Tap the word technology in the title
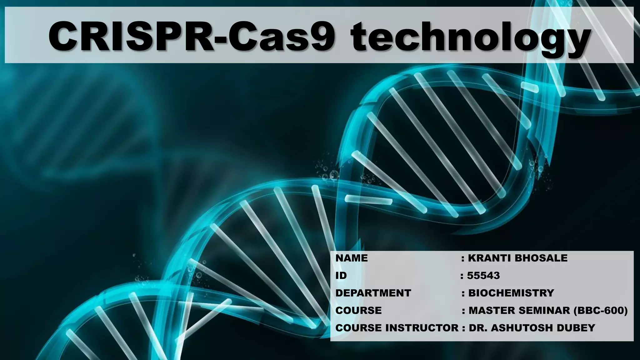click(x=470, y=37)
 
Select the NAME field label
click(x=352, y=258)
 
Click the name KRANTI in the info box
click(x=489, y=258)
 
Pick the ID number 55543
click(x=483, y=276)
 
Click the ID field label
click(x=341, y=276)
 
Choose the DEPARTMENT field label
click(x=373, y=293)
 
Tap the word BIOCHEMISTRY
click(x=511, y=293)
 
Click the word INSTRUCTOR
click(x=422, y=328)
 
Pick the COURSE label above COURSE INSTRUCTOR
click(x=358, y=311)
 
